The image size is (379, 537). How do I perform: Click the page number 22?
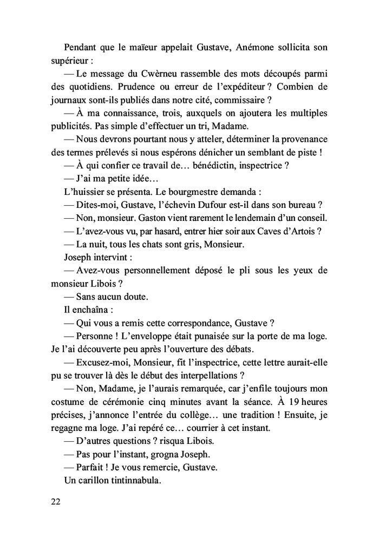click(x=56, y=502)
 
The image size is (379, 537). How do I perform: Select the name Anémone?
click(x=243, y=47)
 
